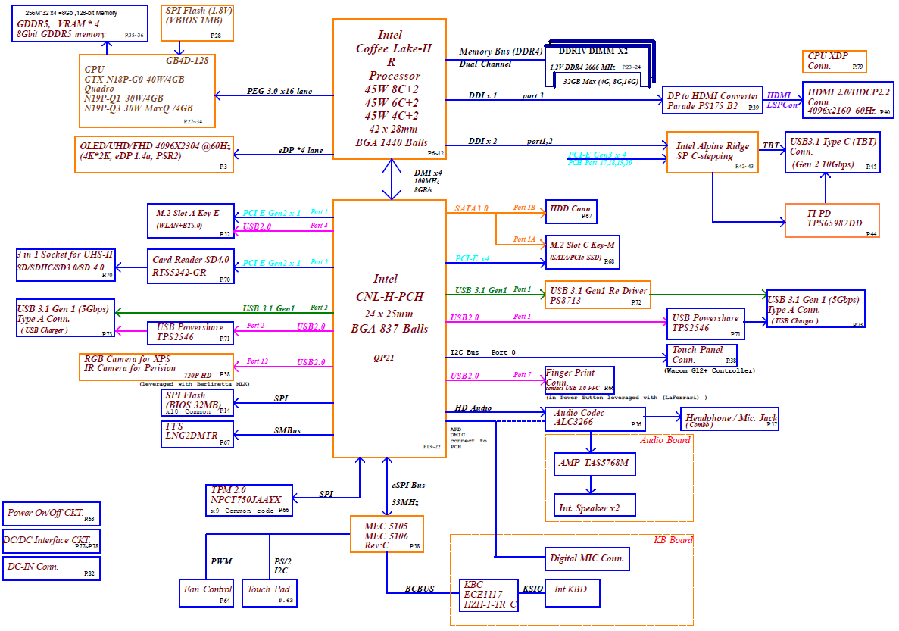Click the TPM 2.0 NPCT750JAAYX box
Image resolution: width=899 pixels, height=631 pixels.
pyautogui.click(x=249, y=500)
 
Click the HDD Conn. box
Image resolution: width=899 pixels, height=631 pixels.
pyautogui.click(x=571, y=211)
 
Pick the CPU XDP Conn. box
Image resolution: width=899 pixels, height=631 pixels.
pyautogui.click(x=834, y=61)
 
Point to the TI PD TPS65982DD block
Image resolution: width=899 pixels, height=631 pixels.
pyautogui.click(x=832, y=220)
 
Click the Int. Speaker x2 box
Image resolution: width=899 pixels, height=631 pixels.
pyautogui.click(x=594, y=504)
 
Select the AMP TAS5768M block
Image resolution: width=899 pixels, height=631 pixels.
pyautogui.click(x=594, y=461)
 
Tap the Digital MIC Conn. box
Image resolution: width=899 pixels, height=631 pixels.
pyautogui.click(x=587, y=558)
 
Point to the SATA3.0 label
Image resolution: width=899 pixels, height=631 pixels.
pyautogui.click(x=472, y=208)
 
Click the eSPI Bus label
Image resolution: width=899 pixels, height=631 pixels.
pyautogui.click(x=408, y=485)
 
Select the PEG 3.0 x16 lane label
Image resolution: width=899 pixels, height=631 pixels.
pyautogui.click(x=279, y=91)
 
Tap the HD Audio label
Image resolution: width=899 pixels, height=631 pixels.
pyautogui.click(x=473, y=408)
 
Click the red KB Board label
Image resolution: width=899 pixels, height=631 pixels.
pyautogui.click(x=673, y=540)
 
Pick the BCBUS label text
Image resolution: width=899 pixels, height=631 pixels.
pyautogui.click(x=419, y=589)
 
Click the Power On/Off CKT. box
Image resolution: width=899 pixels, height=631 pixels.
pyautogui.click(x=51, y=514)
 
